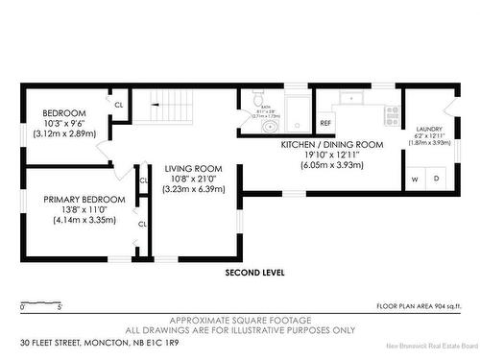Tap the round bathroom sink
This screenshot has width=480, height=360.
297,125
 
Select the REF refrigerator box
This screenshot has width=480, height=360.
325,124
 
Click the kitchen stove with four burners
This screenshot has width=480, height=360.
391,116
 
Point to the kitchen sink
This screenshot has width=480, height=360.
352,98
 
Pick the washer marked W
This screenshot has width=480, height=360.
416,179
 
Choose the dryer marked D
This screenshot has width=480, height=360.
435,179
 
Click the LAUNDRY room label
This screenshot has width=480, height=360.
428,129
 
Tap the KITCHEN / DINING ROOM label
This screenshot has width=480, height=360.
331,144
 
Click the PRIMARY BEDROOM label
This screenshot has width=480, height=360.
79,200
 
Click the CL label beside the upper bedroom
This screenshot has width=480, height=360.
120,104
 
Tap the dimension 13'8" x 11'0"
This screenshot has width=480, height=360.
79,210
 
